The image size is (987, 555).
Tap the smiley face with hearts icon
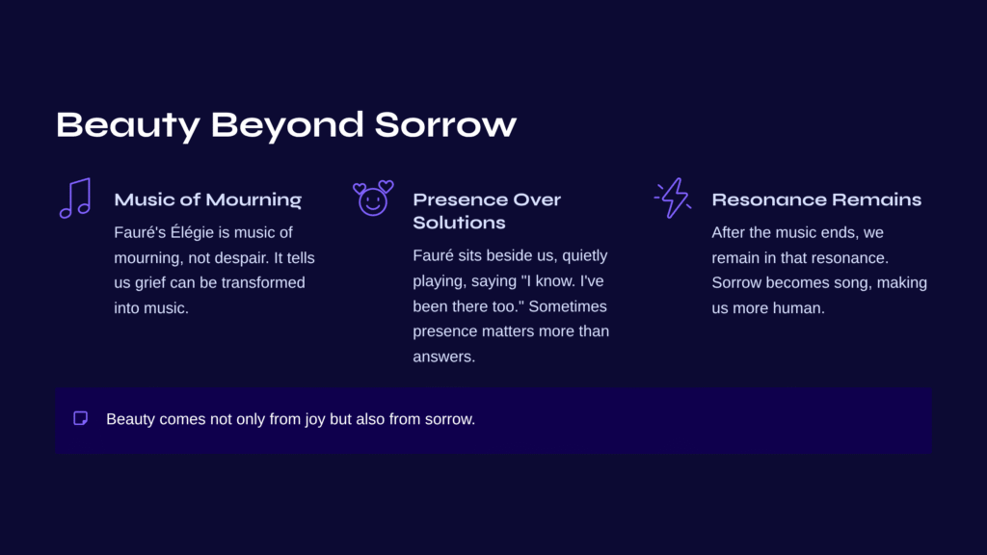click(x=373, y=198)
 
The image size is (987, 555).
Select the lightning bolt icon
click(x=673, y=198)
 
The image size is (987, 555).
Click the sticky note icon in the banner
click(x=81, y=418)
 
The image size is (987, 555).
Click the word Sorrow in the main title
click(x=445, y=124)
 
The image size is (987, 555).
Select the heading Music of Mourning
click(x=208, y=200)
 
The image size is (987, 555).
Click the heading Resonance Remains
click(x=816, y=200)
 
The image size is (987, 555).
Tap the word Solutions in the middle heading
click(x=459, y=223)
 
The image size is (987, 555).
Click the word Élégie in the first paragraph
click(x=192, y=232)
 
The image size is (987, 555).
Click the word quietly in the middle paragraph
click(x=585, y=256)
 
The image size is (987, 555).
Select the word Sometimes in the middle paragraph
click(x=568, y=306)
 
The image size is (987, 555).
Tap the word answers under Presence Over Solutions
click(x=443, y=357)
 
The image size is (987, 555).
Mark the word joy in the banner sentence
click(x=315, y=420)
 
